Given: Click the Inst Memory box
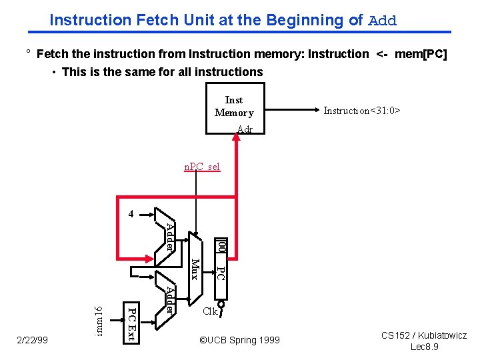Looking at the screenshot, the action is click(x=235, y=107).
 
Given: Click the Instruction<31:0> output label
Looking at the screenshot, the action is click(x=361, y=111).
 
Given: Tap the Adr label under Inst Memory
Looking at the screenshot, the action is click(x=245, y=130).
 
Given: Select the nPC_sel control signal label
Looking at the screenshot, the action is click(x=202, y=167).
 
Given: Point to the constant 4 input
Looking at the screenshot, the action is click(x=131, y=214).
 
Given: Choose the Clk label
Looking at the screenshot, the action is click(x=211, y=311).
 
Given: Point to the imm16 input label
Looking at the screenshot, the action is click(x=99, y=320).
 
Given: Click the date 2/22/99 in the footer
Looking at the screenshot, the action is click(x=32, y=340).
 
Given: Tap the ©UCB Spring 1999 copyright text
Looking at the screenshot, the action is click(x=240, y=340).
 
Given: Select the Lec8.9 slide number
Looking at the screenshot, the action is click(x=424, y=347).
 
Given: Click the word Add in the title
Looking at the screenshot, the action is click(x=382, y=20).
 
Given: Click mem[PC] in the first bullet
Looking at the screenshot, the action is click(x=421, y=53).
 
